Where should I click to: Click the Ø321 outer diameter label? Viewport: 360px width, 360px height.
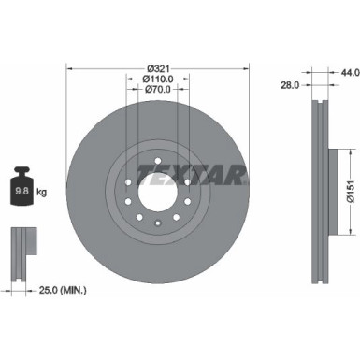158,67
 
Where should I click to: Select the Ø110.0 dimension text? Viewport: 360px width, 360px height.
158,79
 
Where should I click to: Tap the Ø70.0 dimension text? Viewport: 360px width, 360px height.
158,92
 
